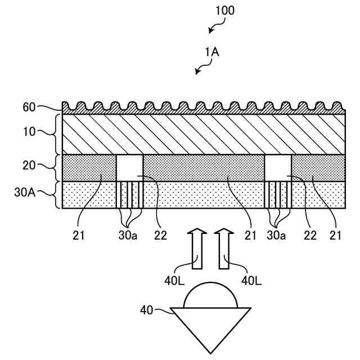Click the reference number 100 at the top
click(225, 11)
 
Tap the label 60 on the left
click(29, 107)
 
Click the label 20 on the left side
click(29, 166)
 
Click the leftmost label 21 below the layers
click(79, 236)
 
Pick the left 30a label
click(128, 236)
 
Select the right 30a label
click(276, 236)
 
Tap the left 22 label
click(161, 236)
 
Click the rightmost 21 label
click(336, 236)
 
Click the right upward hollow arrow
click(224, 247)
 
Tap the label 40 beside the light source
click(147, 309)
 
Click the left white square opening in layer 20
click(129, 167)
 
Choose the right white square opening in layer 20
click(278, 167)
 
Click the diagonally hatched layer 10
click(202, 134)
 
